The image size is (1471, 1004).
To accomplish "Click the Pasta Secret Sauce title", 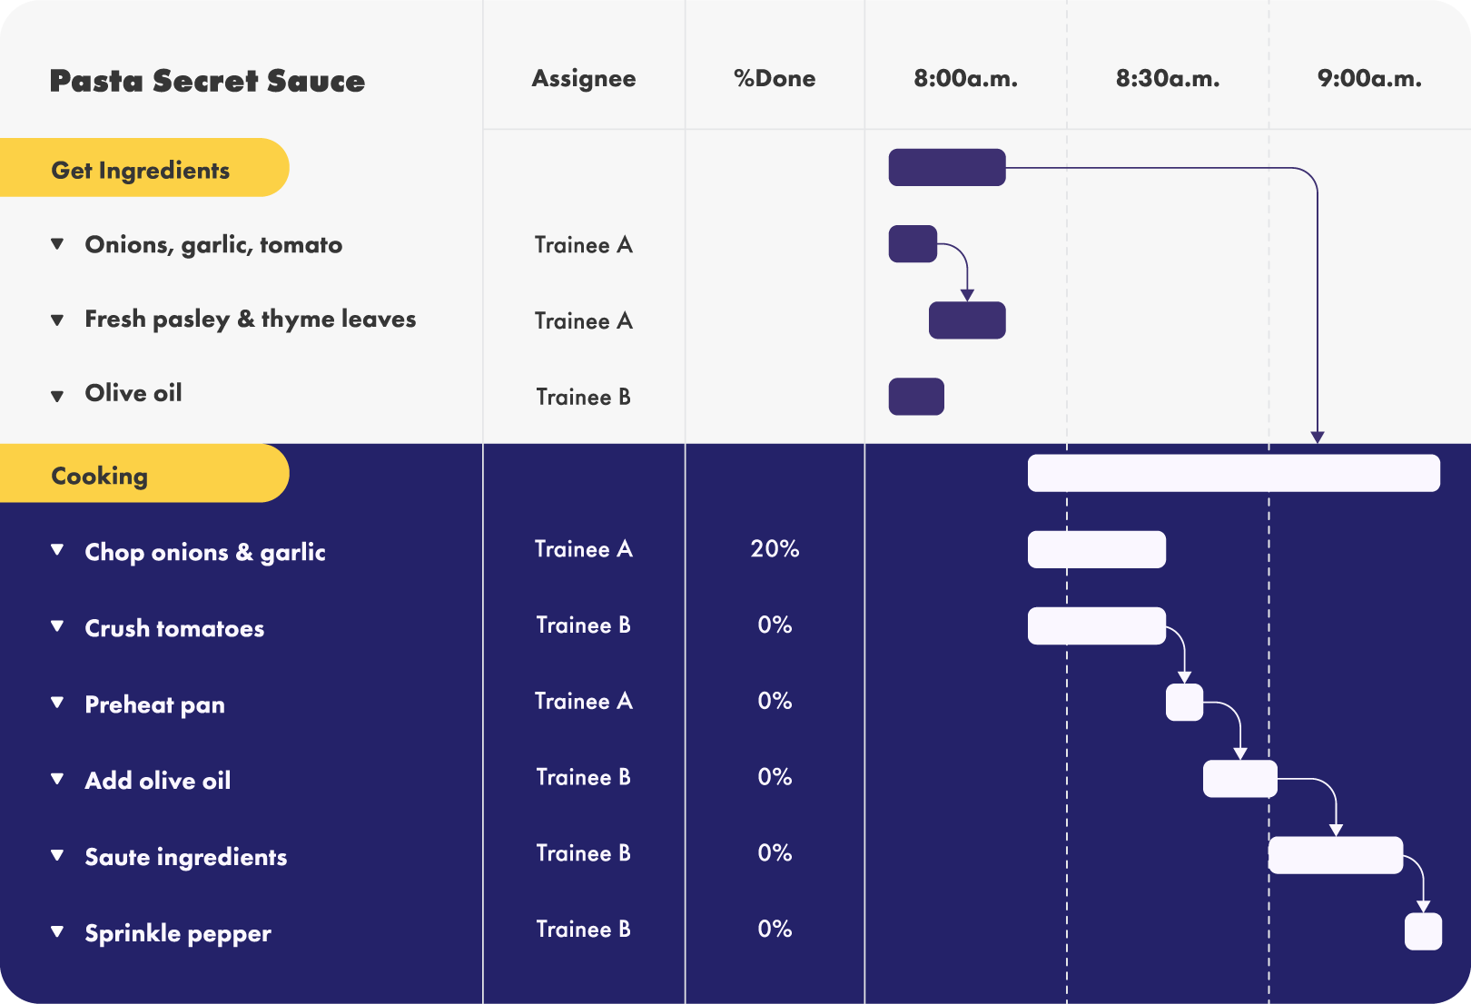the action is pos(207,81).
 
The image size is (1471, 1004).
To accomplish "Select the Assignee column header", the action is pos(584,79).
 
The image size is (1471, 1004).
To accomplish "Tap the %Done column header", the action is pos(775,78).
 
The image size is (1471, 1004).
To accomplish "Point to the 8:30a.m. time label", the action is pos(1168,79).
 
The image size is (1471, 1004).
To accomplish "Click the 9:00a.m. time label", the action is pos(1370,79).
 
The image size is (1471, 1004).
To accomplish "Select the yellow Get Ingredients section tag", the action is pos(143,167).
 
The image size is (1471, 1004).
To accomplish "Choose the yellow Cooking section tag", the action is pos(143,474).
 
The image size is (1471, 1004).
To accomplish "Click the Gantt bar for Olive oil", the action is pos(916,397).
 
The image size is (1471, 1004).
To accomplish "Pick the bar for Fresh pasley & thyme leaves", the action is pos(967,320).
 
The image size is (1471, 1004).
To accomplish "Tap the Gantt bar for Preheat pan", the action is pos(1184,703).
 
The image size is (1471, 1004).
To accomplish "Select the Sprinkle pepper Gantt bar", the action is pos(1423,931).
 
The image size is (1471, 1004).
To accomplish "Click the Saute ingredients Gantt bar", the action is pos(1336,855).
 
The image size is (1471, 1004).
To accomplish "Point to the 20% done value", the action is pos(775,548).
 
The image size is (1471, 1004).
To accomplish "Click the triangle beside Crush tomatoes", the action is pos(57,626).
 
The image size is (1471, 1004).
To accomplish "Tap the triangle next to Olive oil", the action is pos(57,396).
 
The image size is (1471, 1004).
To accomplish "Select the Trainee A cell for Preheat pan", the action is pos(584,702).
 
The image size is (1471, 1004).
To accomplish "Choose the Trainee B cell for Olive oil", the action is pos(584,397).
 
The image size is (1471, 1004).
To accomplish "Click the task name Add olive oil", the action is pos(158,781).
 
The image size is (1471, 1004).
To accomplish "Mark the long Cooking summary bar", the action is pos(1234,473).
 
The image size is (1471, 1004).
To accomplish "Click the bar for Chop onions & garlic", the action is pos(1097,549).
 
